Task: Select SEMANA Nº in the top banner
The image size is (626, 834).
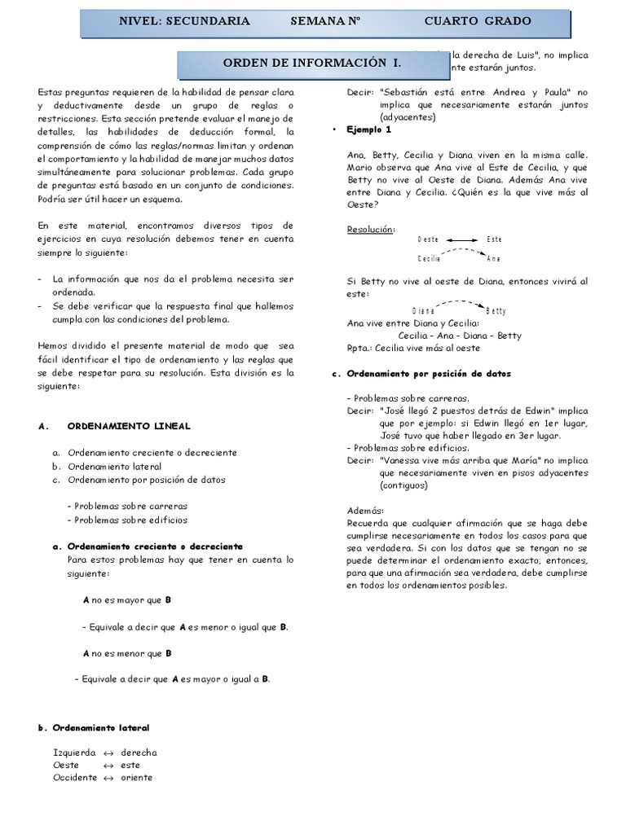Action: pyautogui.click(x=325, y=21)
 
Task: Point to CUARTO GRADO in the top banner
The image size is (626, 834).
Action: pyautogui.click(x=478, y=21)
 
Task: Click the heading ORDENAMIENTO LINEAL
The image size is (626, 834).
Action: pyautogui.click(x=129, y=426)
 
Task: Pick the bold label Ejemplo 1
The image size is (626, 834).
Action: pyautogui.click(x=369, y=129)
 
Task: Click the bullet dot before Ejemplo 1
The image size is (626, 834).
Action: pyautogui.click(x=336, y=130)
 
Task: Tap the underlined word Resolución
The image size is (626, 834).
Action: pyautogui.click(x=370, y=229)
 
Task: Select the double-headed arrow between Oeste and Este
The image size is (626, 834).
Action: pyautogui.click(x=462, y=239)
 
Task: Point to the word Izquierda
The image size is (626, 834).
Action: pyautogui.click(x=74, y=753)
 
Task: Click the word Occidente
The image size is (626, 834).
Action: pyautogui.click(x=75, y=777)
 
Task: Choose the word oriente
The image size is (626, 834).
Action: pyautogui.click(x=136, y=777)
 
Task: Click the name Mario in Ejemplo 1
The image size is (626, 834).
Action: pyautogui.click(x=360, y=167)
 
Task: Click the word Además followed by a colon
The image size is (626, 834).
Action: pyautogui.click(x=365, y=510)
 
